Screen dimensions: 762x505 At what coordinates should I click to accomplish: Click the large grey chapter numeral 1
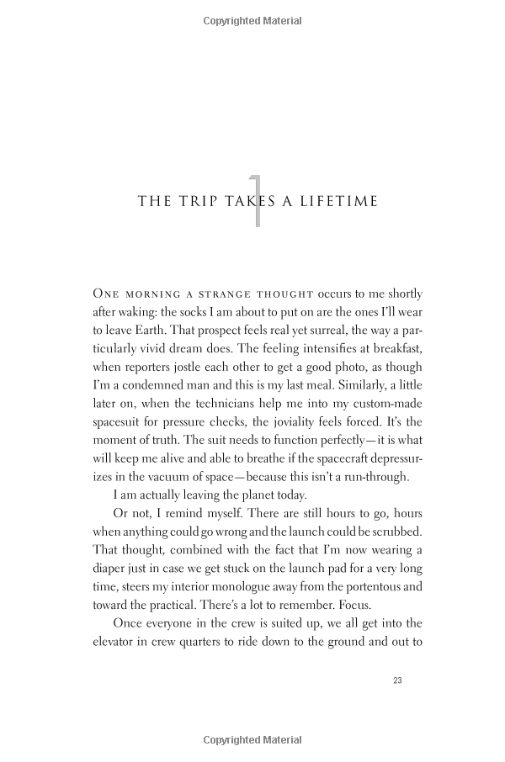click(x=256, y=200)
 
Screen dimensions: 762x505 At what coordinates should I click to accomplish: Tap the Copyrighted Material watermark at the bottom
click(x=252, y=740)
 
